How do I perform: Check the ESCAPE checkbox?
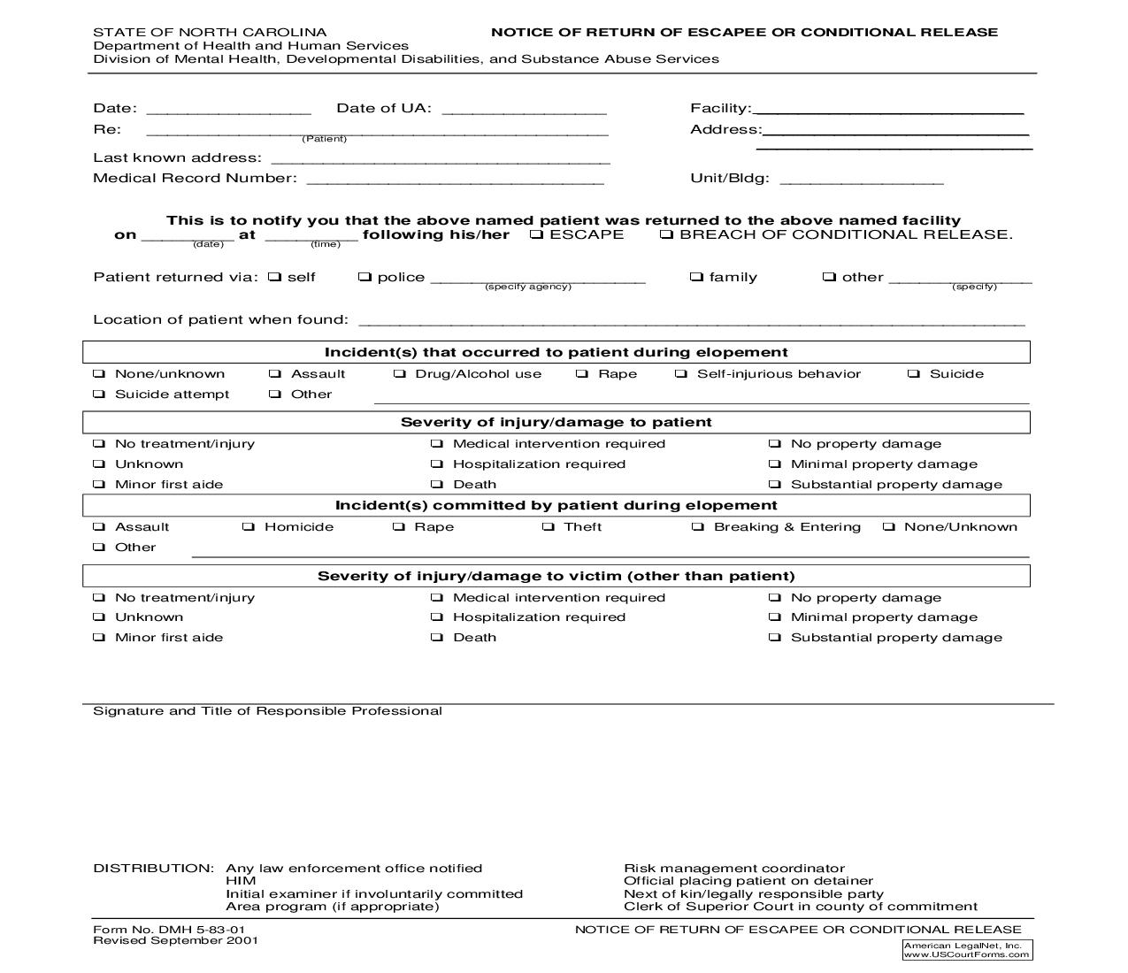point(537,234)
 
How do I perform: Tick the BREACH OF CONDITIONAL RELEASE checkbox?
point(667,234)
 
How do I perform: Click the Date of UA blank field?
point(524,109)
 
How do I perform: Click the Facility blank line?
point(887,109)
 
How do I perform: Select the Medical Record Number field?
point(455,179)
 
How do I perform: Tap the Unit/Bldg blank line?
point(862,179)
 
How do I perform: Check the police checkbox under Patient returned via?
point(364,277)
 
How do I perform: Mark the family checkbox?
point(696,277)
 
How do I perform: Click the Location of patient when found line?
point(691,320)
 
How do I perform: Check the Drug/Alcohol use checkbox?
point(400,374)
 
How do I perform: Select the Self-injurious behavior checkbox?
point(681,374)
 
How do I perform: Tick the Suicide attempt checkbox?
point(99,395)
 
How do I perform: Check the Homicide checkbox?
point(249,527)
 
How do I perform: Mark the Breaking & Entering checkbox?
point(698,527)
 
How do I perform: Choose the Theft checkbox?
point(549,527)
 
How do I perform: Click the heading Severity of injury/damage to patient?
point(556,423)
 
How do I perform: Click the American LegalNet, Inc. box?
point(967,950)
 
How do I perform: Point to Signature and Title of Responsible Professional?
point(267,711)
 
